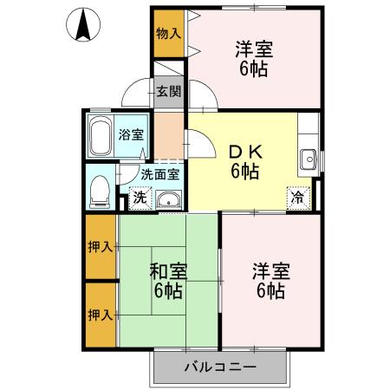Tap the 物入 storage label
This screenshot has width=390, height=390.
(x=168, y=35)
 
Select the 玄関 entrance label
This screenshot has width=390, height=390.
(x=168, y=90)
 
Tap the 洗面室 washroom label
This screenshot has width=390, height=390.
(x=160, y=173)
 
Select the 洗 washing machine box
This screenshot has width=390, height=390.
(x=140, y=198)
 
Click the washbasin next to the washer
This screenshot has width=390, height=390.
(x=169, y=200)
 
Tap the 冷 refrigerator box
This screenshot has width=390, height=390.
(x=297, y=197)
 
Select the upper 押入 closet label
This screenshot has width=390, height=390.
(x=101, y=247)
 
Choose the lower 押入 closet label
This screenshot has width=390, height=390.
(x=101, y=314)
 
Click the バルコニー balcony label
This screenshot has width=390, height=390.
(x=219, y=367)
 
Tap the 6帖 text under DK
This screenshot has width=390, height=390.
(x=244, y=171)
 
